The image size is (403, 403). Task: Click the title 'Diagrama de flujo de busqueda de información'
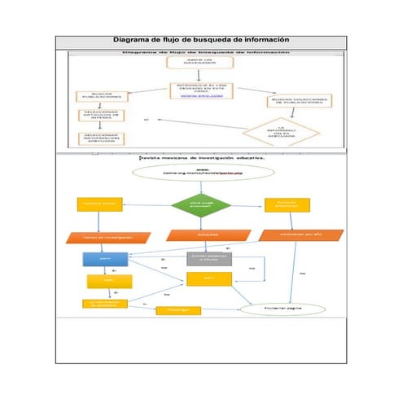[201, 40]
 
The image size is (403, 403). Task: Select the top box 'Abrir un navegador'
[188, 62]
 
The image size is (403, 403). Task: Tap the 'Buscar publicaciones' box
[102, 95]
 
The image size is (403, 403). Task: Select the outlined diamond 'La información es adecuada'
[279, 131]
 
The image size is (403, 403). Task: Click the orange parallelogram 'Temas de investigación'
[107, 237]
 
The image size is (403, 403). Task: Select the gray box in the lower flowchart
[209, 258]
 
